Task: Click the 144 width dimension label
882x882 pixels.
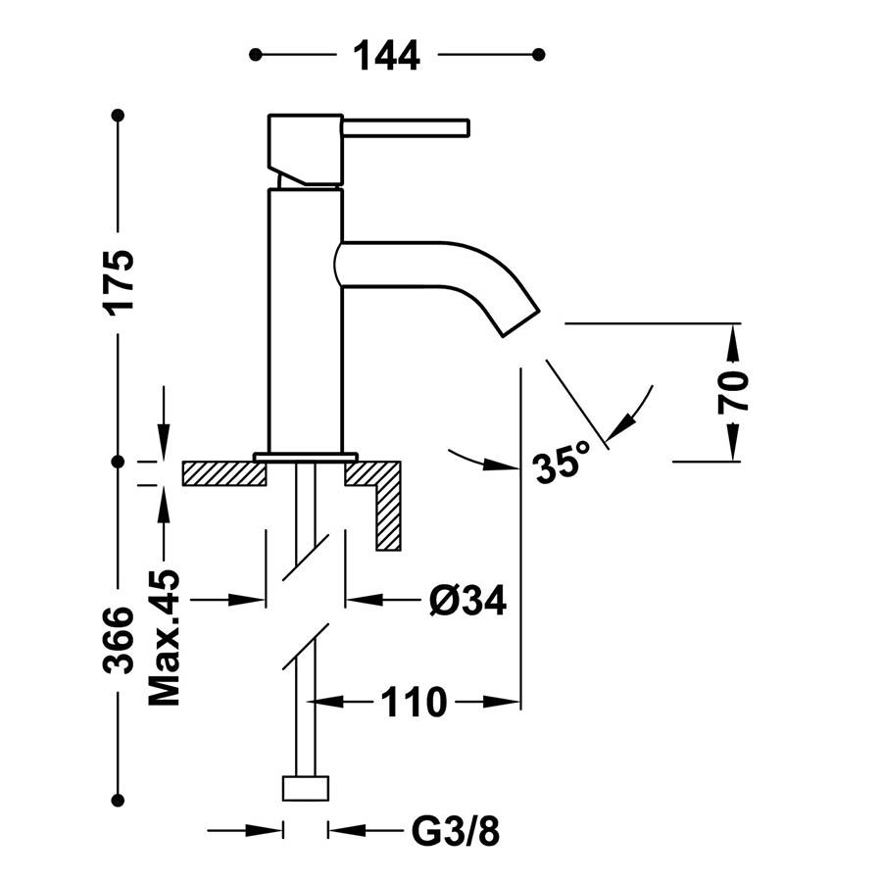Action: point(386,55)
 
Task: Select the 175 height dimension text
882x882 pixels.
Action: point(120,281)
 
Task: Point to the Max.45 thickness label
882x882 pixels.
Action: point(165,637)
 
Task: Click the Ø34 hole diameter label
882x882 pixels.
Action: point(467,600)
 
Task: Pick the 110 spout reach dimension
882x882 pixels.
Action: point(415,702)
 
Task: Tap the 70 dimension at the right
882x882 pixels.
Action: point(735,391)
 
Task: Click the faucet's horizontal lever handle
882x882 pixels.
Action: point(406,127)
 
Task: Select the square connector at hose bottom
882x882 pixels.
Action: point(306,788)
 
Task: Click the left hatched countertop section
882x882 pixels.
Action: point(224,473)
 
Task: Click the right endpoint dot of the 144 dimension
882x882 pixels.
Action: point(537,55)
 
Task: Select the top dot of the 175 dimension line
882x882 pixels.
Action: point(119,116)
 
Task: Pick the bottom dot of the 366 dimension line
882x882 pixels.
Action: point(119,800)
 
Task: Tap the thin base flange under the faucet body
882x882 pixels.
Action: point(305,456)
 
